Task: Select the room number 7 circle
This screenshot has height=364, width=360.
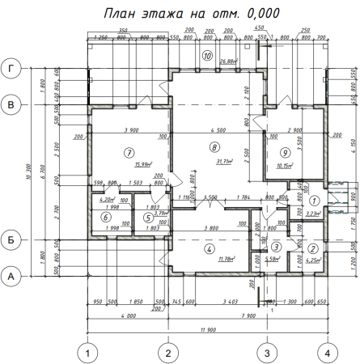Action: (128, 152)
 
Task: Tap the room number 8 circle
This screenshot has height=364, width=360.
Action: (214, 147)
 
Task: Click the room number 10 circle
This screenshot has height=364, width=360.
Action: (207, 56)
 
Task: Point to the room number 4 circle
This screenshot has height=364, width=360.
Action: (207, 248)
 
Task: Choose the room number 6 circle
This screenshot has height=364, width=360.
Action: (105, 217)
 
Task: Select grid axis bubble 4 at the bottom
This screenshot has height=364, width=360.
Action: (327, 352)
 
